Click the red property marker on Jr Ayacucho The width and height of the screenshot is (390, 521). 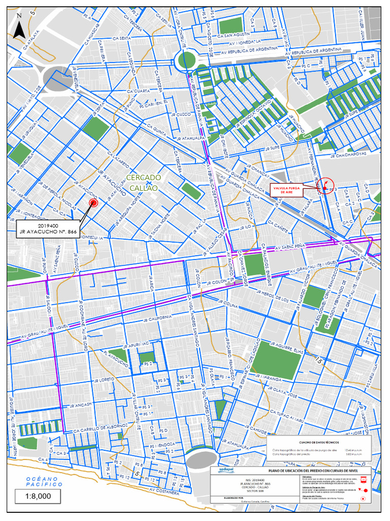pyautogui.click(x=93, y=203)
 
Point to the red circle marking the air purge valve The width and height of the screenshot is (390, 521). pyautogui.click(x=325, y=187)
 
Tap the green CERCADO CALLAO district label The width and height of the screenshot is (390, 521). pyautogui.click(x=143, y=183)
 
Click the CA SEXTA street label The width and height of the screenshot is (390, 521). pyautogui.click(x=122, y=39)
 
